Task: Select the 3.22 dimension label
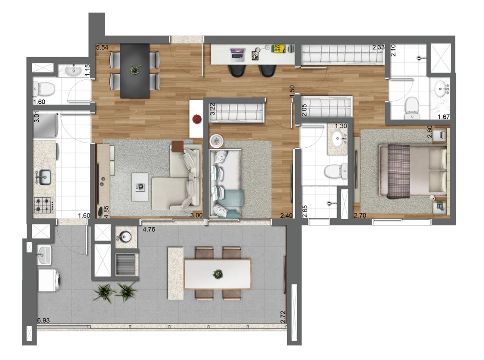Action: (213, 110)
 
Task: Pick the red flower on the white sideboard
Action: (196, 119)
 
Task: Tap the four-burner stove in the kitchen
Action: (44, 204)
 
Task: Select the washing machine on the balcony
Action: (50, 281)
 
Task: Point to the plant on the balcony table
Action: (218, 274)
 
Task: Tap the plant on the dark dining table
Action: (133, 70)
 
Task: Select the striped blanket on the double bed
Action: (398, 172)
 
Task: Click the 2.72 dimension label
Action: (283, 316)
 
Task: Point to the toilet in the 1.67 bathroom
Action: (412, 106)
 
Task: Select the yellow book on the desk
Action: (278, 48)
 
